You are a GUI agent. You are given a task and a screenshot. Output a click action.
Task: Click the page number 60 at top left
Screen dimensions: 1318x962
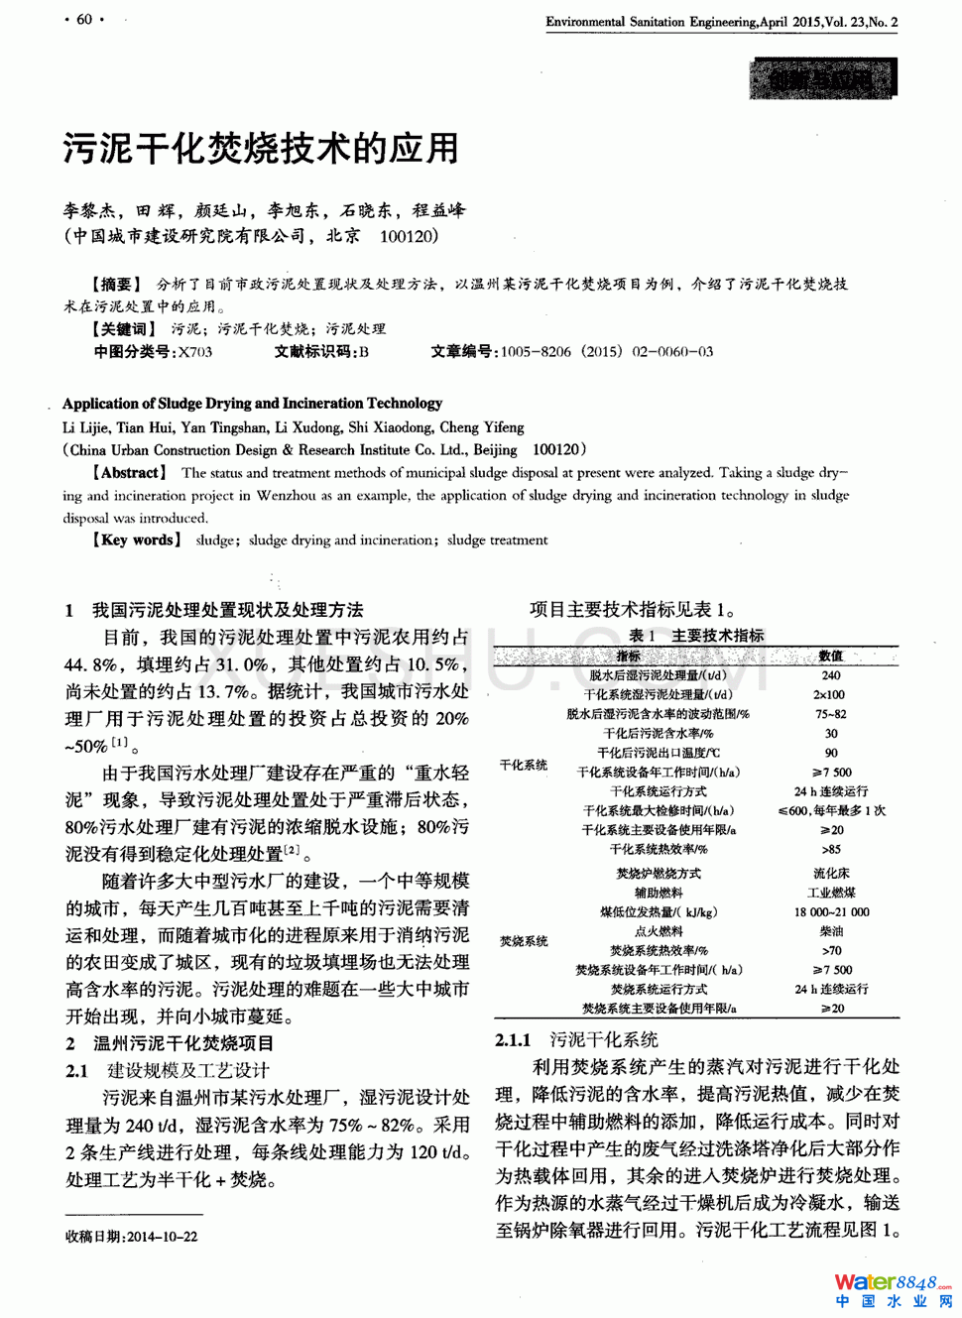[x=84, y=19]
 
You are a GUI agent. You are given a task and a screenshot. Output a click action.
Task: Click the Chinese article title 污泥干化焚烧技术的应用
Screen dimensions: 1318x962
[x=262, y=149]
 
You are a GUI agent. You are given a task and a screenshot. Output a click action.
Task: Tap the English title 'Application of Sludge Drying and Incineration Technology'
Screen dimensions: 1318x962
[x=252, y=404]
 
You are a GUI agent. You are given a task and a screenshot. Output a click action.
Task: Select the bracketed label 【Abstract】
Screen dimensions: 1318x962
[x=129, y=473]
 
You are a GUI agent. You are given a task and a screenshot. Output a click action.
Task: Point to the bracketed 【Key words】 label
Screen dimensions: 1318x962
[x=136, y=540]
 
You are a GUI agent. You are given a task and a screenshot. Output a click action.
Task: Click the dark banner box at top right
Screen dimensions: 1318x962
[x=822, y=78]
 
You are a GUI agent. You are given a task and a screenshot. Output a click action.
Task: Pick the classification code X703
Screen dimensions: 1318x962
[x=195, y=351]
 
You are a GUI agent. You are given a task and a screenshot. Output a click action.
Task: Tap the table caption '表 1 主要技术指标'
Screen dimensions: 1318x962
[x=696, y=636]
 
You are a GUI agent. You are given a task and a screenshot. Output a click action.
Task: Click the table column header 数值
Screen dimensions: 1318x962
[x=830, y=656]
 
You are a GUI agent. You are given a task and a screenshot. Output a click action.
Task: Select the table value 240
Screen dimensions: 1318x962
[x=830, y=675]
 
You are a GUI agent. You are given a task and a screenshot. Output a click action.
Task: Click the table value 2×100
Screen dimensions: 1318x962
[x=829, y=694]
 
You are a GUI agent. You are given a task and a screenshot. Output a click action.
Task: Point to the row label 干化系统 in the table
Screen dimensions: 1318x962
[x=524, y=765]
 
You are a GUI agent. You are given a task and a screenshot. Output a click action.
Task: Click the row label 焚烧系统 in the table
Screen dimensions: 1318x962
[x=524, y=940]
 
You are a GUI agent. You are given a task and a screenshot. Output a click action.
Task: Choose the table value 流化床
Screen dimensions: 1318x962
[x=831, y=874]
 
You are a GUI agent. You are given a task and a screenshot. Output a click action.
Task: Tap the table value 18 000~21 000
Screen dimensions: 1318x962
[x=831, y=912]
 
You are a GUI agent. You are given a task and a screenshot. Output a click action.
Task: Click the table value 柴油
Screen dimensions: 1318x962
[x=831, y=931]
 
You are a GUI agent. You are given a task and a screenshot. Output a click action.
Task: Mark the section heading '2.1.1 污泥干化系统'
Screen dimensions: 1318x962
[x=576, y=1039]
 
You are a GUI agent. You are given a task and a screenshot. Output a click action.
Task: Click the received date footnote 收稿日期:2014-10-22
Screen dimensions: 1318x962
[x=132, y=1237]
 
